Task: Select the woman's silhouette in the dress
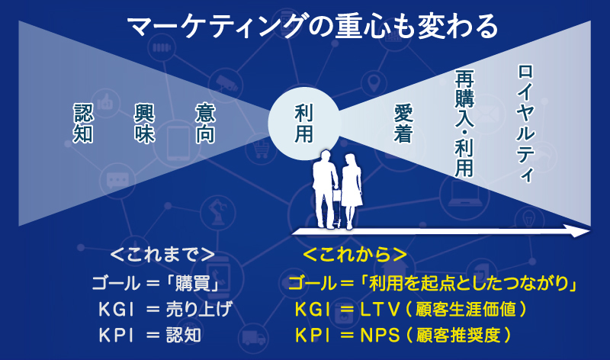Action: click(x=352, y=189)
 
